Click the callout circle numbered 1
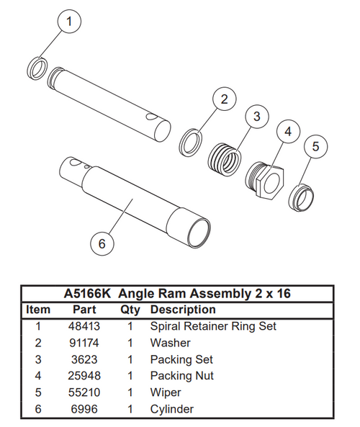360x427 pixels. [x=69, y=22]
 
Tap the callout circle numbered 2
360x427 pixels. [x=224, y=100]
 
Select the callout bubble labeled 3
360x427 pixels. [x=256, y=117]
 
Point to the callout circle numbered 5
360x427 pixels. [x=315, y=147]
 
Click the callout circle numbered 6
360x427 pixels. [x=102, y=244]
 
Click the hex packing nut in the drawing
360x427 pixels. [x=265, y=176]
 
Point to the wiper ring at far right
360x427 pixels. [x=301, y=196]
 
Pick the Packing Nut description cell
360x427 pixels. [x=181, y=376]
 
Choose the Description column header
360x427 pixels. [x=182, y=310]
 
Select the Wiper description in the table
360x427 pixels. [x=166, y=392]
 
